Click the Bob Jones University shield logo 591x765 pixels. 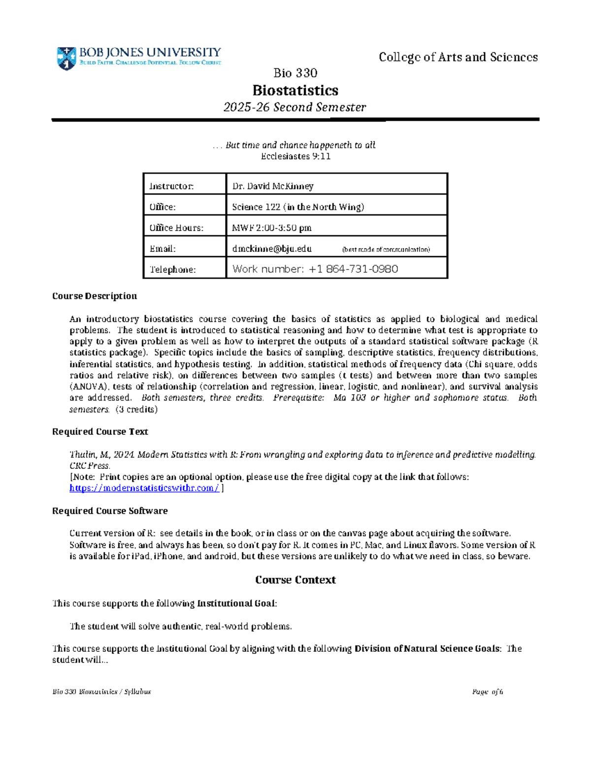[x=66, y=58]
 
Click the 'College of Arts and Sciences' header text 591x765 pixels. [x=458, y=57]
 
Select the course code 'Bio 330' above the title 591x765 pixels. [x=295, y=73]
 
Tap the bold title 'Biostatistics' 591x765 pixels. [x=295, y=90]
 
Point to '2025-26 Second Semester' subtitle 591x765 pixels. [x=295, y=107]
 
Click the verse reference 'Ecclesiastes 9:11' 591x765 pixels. [x=295, y=156]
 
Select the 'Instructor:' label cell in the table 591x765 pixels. [x=171, y=186]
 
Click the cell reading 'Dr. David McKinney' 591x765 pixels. [x=272, y=186]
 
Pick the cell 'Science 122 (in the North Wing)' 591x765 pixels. [x=298, y=207]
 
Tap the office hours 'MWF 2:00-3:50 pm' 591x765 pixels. [x=271, y=228]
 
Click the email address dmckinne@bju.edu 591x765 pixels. [x=272, y=249]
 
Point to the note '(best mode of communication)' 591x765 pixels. [x=386, y=250]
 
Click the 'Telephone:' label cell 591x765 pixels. [x=172, y=269]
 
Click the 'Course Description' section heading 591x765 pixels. [x=95, y=296]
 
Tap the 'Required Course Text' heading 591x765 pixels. [x=100, y=432]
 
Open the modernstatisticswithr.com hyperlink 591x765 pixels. [x=144, y=488]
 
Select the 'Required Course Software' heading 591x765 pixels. [x=110, y=511]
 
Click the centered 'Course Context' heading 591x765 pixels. [x=295, y=580]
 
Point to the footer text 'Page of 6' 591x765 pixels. [x=487, y=692]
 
